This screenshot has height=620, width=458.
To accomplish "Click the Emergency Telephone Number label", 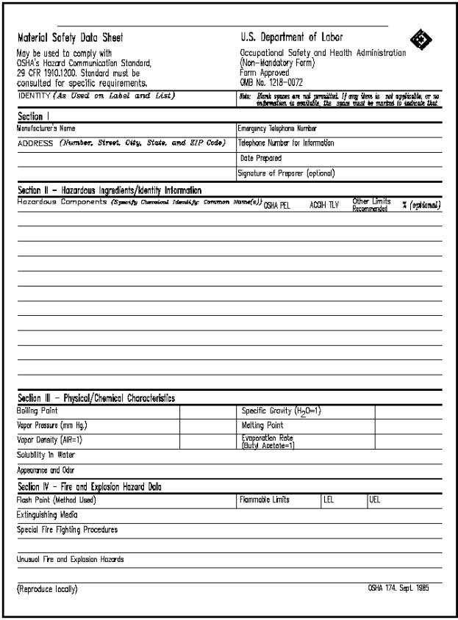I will click(x=277, y=128).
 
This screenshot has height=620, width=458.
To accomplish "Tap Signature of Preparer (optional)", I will click(x=286, y=173).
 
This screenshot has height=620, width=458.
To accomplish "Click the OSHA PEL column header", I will click(x=276, y=206).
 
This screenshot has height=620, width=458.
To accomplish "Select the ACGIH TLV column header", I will click(x=324, y=206).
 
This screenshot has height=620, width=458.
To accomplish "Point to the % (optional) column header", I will click(x=421, y=205).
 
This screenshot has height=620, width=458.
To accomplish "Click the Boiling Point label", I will click(x=37, y=411).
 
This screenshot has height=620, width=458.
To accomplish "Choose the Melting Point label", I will click(x=262, y=425).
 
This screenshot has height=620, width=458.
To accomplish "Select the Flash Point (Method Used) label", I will click(x=57, y=500).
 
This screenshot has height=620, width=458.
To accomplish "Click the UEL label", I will click(x=374, y=500).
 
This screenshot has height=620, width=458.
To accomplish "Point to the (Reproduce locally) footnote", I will click(x=46, y=589).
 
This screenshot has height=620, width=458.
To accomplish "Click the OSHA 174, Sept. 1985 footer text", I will click(x=398, y=588).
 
